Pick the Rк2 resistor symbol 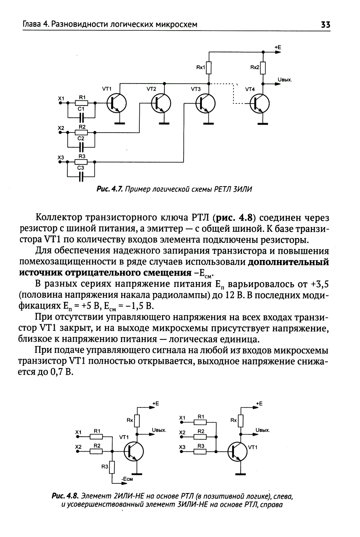[263, 67]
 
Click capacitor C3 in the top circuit [81, 176]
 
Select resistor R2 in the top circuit [82, 132]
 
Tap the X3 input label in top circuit [61, 157]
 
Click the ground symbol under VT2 [164, 123]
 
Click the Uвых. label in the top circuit [284, 80]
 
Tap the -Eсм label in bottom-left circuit [127, 479]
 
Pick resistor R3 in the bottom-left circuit [112, 467]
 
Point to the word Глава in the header [30, 25]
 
